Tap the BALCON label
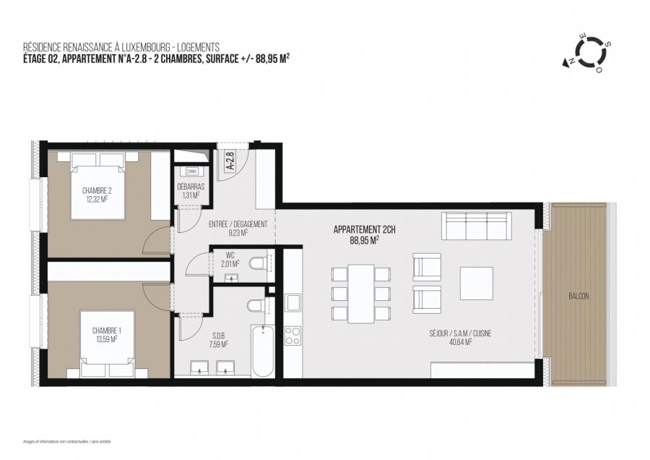point(578,297)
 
